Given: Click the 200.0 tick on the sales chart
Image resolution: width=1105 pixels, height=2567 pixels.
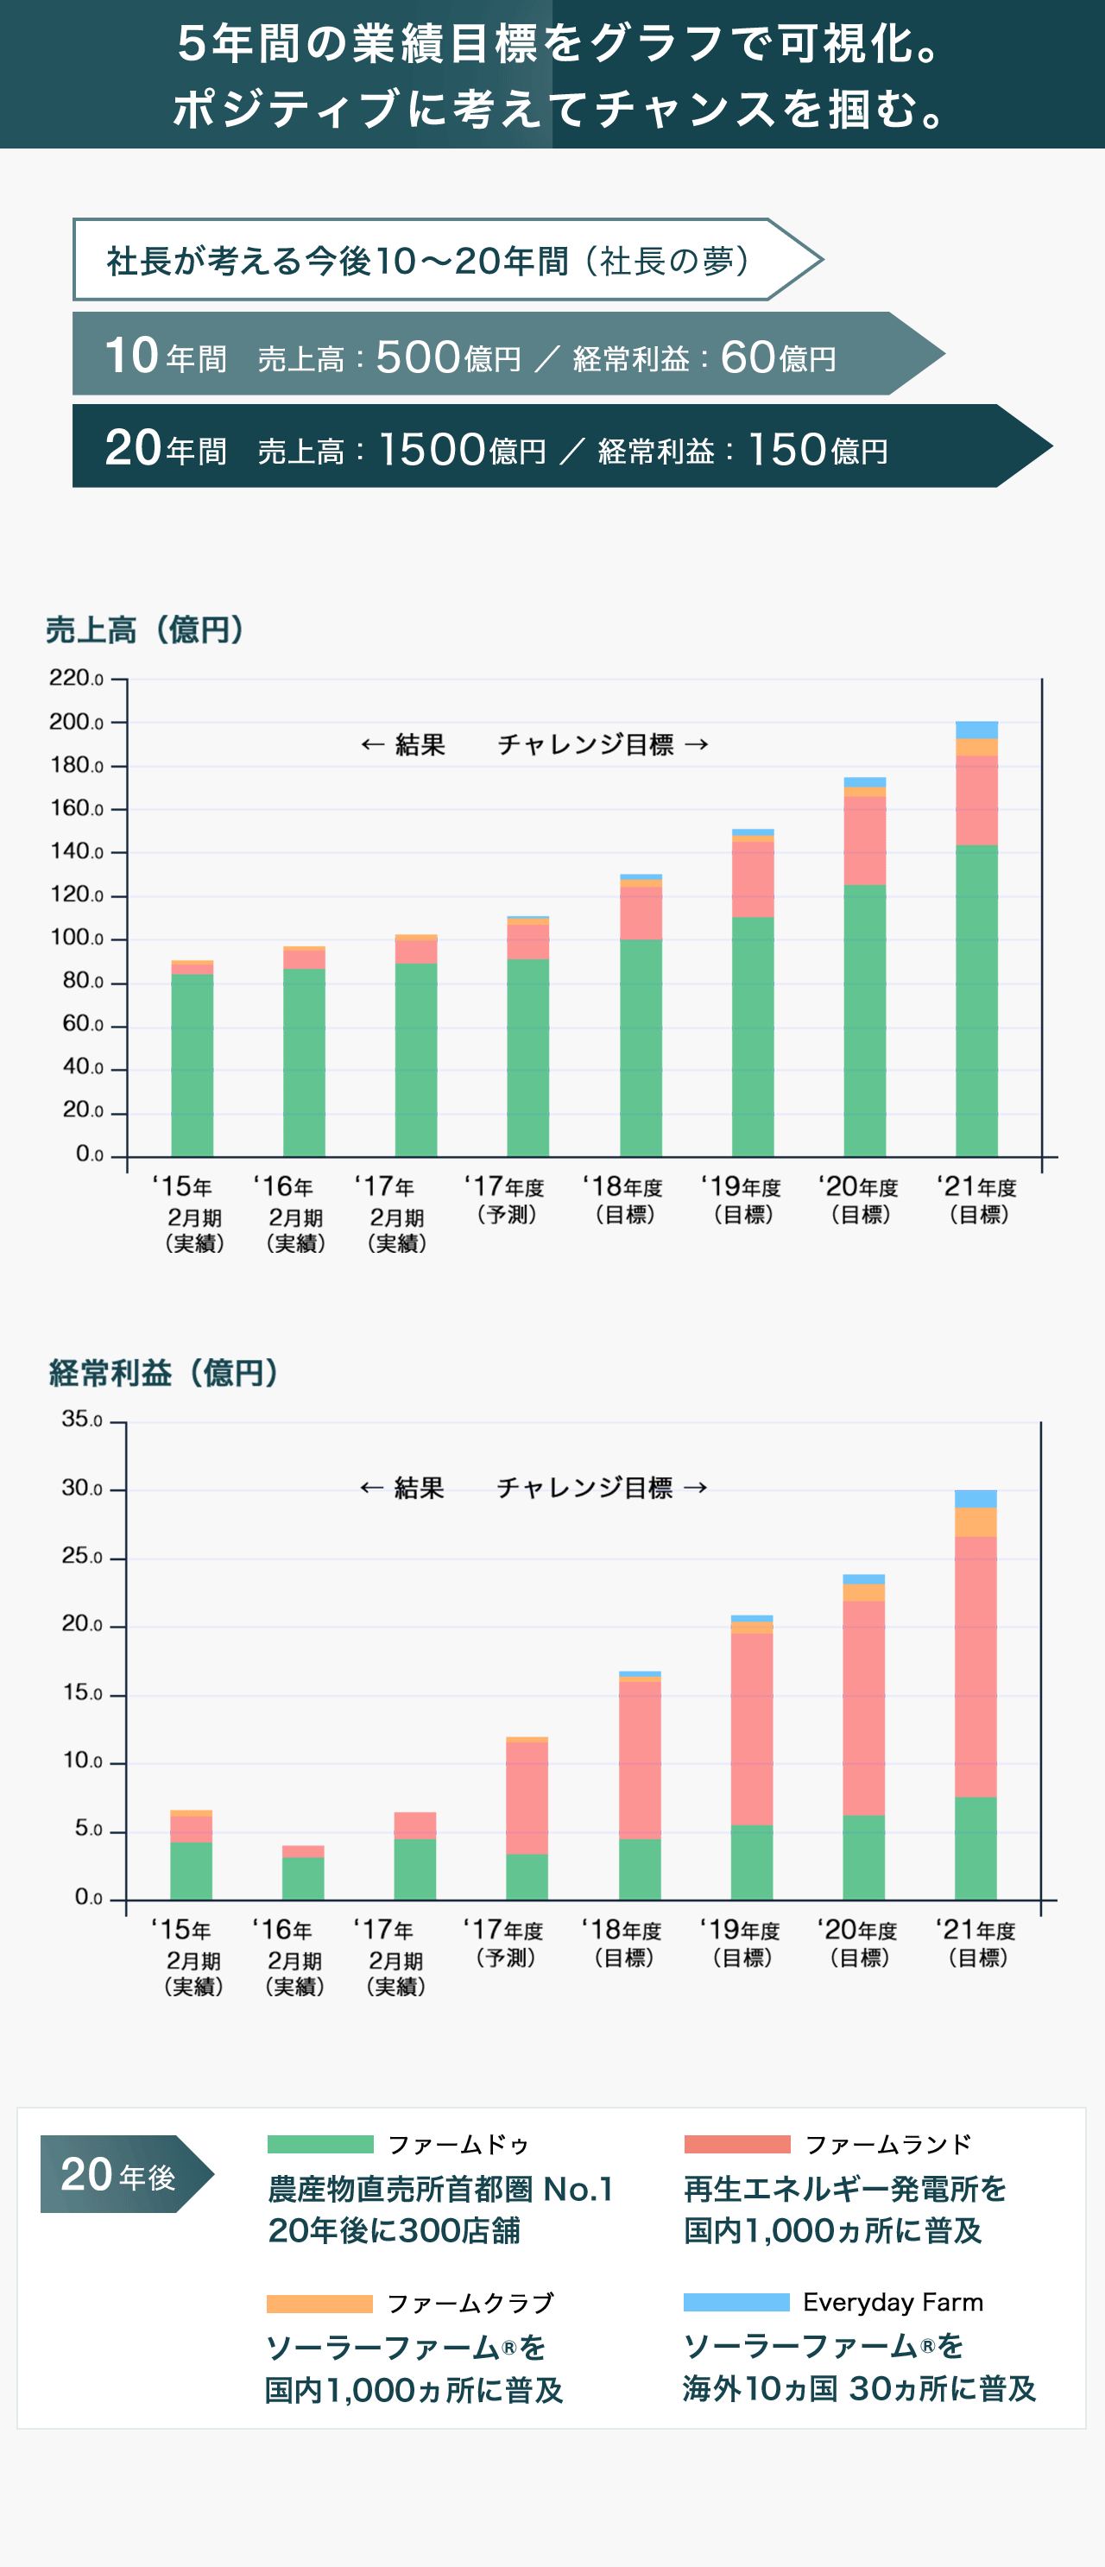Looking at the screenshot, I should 77,722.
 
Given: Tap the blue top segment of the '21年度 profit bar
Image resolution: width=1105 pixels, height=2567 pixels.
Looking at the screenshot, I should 975,1498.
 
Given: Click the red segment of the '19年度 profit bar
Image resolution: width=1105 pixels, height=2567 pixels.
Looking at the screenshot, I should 751,1728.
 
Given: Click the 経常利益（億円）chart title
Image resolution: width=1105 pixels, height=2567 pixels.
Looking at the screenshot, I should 164,1372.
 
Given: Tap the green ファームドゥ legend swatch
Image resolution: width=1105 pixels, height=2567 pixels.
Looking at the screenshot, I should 319,2144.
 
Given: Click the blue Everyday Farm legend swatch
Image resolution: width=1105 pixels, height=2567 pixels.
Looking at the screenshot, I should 736,2302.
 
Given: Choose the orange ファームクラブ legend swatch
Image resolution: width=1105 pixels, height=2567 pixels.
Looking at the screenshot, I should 319,2303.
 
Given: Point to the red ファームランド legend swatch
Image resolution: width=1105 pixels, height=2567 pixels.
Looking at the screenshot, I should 736,2144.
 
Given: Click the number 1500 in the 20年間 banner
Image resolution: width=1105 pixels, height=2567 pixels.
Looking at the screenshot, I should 432,450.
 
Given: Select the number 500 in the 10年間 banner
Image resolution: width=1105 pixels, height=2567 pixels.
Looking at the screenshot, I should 418,357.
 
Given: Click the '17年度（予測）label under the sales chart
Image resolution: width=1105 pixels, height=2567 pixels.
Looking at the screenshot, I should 505,1200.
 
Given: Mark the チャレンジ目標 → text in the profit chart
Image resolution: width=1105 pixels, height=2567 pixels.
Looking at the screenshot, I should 602,1488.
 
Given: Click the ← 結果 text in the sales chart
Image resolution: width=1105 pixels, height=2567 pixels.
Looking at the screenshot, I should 402,744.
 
